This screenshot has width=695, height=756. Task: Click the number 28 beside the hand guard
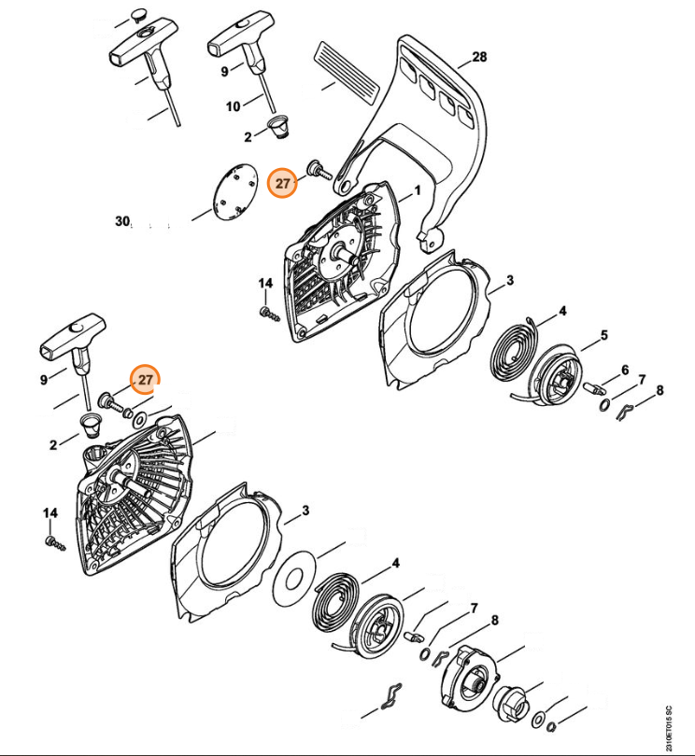478,57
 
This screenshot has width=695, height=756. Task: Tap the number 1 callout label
418,189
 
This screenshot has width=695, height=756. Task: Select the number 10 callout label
234,105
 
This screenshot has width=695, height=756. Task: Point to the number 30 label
122,221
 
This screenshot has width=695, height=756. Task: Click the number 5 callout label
603,335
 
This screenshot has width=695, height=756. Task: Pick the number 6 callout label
624,370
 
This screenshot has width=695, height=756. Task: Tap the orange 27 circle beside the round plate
283,184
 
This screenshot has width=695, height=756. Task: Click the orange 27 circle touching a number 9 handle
145,380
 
